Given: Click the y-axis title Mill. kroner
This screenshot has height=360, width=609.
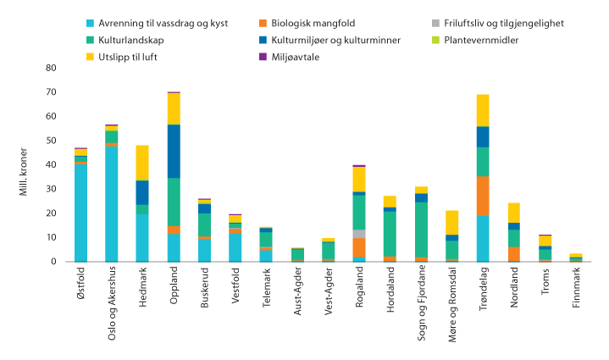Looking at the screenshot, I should pos(25,164).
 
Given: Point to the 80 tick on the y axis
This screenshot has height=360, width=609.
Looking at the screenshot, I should pos(51,68).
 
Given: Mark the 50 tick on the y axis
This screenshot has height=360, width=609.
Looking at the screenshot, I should pos(51,141).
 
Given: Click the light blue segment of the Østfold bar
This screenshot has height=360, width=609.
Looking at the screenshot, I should pos(80,212).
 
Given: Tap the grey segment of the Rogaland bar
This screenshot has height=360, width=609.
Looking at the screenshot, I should pos(359,234).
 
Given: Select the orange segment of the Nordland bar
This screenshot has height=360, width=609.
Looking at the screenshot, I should pos(513,253).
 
